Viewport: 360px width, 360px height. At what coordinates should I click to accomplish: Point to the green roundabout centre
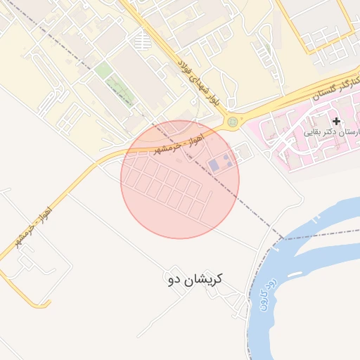(232, 122)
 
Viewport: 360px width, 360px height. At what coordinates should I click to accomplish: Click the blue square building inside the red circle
(214, 165)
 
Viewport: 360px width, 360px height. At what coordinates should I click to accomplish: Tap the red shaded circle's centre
(180, 179)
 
